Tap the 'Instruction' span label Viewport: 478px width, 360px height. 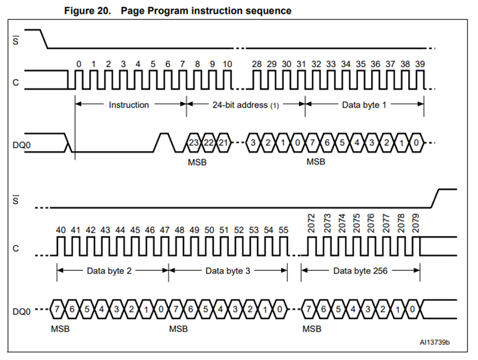129,104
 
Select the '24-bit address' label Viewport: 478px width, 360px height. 242,104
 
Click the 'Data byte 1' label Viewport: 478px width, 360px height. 364,104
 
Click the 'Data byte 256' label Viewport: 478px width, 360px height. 359,271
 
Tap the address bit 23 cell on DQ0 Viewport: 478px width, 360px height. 194,143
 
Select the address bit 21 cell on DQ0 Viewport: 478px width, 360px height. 223,143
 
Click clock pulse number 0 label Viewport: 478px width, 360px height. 79,65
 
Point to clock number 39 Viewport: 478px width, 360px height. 419,65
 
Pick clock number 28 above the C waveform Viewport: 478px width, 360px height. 256,65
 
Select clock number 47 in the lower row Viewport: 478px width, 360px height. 164,229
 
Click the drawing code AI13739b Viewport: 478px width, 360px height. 434,343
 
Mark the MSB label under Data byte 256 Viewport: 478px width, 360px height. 312,329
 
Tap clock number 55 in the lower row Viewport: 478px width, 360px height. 283,229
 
